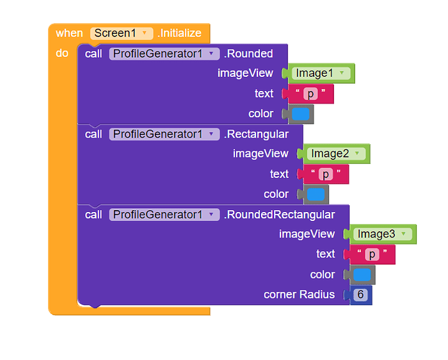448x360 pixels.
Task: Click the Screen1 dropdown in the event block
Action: click(x=122, y=33)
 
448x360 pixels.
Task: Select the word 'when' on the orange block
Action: click(x=69, y=33)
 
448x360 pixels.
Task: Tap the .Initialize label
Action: click(x=179, y=33)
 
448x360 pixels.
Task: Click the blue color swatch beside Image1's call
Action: click(x=301, y=114)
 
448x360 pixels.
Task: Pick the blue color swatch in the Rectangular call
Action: click(x=316, y=194)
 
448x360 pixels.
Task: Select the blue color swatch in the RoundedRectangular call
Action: click(x=362, y=275)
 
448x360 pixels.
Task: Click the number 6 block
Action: click(x=362, y=295)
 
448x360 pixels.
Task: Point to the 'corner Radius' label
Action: click(x=299, y=295)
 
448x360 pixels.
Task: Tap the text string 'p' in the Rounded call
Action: click(x=310, y=94)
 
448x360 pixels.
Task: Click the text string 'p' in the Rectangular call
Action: click(x=326, y=174)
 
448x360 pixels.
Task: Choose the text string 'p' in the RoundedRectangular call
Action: click(x=372, y=254)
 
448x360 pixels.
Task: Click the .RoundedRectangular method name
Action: click(x=279, y=215)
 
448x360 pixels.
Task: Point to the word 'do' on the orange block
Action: click(x=62, y=53)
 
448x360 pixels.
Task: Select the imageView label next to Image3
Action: click(x=307, y=234)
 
